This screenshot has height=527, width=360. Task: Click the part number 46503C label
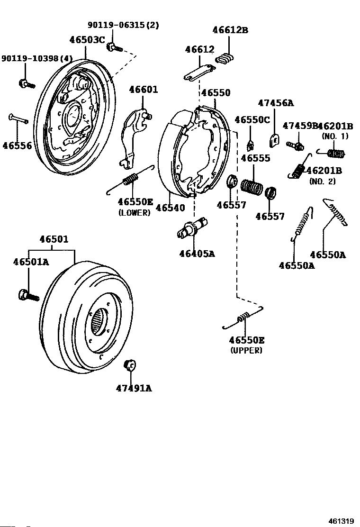[87, 40]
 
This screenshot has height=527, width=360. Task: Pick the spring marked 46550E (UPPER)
[243, 318]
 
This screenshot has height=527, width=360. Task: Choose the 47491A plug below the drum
[130, 365]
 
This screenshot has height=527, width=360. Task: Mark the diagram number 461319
[341, 521]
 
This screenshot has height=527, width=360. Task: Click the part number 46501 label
[54, 239]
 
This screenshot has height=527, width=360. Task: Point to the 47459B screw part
[296, 144]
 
